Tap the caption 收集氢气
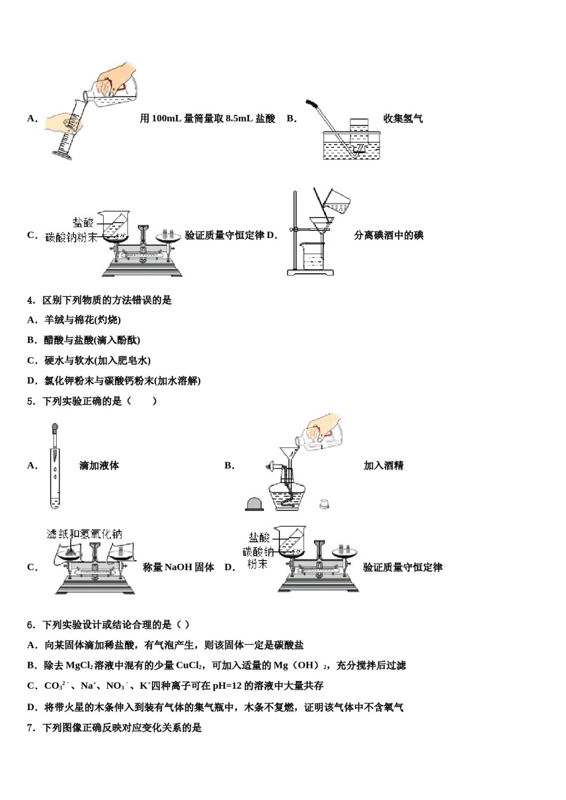coord(403,118)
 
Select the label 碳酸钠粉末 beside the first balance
coord(71,237)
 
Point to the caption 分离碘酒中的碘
coord(388,235)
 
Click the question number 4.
coord(30,300)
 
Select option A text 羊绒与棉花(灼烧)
coord(82,320)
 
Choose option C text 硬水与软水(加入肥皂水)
coord(97,361)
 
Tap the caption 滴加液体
coord(99,465)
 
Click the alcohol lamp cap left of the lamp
coord(255,504)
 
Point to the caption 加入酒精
coord(383,465)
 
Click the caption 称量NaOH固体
coord(178,567)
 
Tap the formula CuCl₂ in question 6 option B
coord(189,665)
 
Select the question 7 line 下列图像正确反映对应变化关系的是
coord(122,727)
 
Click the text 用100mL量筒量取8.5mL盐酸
coord(207,118)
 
